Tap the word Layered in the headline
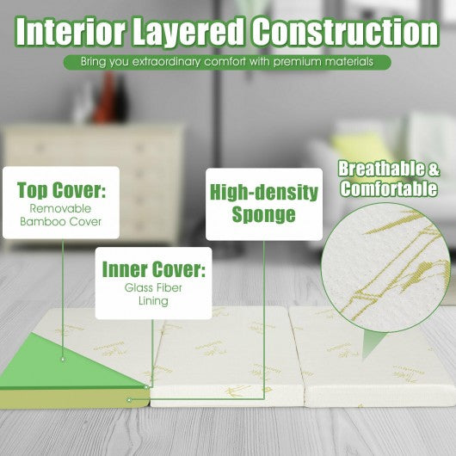click(x=188, y=32)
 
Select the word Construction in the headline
click(x=345, y=32)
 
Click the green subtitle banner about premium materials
click(x=227, y=62)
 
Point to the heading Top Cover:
click(x=61, y=190)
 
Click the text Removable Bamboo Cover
click(x=60, y=215)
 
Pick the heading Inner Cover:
click(x=153, y=269)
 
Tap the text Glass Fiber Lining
click(x=153, y=294)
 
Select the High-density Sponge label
click(x=264, y=204)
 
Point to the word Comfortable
click(x=389, y=189)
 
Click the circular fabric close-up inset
click(x=386, y=268)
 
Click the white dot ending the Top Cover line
click(x=63, y=360)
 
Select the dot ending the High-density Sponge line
click(x=130, y=400)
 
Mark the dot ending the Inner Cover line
click(x=146, y=387)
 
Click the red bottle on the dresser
click(x=105, y=97)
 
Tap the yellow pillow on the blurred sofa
click(x=360, y=148)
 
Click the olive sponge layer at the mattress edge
click(x=74, y=398)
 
